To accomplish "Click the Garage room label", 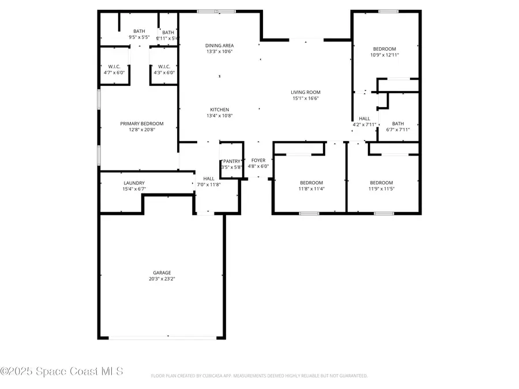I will pyautogui.click(x=161, y=273).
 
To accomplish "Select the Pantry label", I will pyautogui.click(x=232, y=161).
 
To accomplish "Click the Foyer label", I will pyautogui.click(x=258, y=160).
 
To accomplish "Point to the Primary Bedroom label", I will pyautogui.click(x=142, y=123).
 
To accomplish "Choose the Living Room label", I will pyautogui.click(x=305, y=92).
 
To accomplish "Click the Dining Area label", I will pyautogui.click(x=220, y=45).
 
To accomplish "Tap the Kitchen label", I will pyautogui.click(x=220, y=109).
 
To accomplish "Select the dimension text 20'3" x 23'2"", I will pyautogui.click(x=161, y=279).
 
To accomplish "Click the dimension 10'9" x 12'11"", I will pyautogui.click(x=385, y=55).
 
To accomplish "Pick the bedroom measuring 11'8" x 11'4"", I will pyautogui.click(x=311, y=186).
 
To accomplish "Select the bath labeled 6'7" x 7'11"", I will pyautogui.click(x=398, y=127).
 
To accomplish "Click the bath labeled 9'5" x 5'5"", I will pyautogui.click(x=139, y=34).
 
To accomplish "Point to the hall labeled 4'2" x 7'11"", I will pyautogui.click(x=364, y=122).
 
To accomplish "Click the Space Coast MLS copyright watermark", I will pyautogui.click(x=62, y=372).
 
